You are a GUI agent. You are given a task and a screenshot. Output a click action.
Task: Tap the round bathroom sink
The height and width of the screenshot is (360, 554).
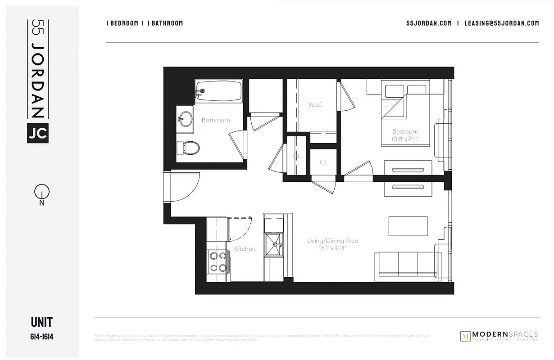coord(184,119)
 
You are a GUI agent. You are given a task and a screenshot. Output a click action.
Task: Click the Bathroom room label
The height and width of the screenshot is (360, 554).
coord(216,121)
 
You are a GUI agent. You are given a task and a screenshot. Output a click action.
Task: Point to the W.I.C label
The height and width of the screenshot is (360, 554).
coord(315,105)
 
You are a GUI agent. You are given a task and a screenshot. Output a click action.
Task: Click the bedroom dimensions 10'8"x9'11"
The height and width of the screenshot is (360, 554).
coord(405,139)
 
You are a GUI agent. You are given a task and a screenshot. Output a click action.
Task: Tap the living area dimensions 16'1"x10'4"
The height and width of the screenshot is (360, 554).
coord(333,248)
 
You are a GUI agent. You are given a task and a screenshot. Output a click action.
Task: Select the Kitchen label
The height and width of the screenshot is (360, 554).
coord(245,248)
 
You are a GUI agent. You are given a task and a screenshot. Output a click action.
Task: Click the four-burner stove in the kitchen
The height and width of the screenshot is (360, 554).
coord(218,261)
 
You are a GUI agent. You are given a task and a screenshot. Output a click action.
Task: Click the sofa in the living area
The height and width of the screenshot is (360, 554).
coord(408,265)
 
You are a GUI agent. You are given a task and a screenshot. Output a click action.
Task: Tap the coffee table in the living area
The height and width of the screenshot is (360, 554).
coord(408,226)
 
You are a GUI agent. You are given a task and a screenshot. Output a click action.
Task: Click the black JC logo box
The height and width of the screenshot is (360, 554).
coord(38,133)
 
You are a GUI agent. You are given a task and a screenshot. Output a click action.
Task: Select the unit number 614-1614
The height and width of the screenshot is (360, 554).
coord(42,337)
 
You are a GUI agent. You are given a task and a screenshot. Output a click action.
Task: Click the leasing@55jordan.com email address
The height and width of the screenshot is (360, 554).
coord(502,23)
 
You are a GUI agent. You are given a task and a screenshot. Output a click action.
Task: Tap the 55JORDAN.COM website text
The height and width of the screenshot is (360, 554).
coord(429,23)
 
